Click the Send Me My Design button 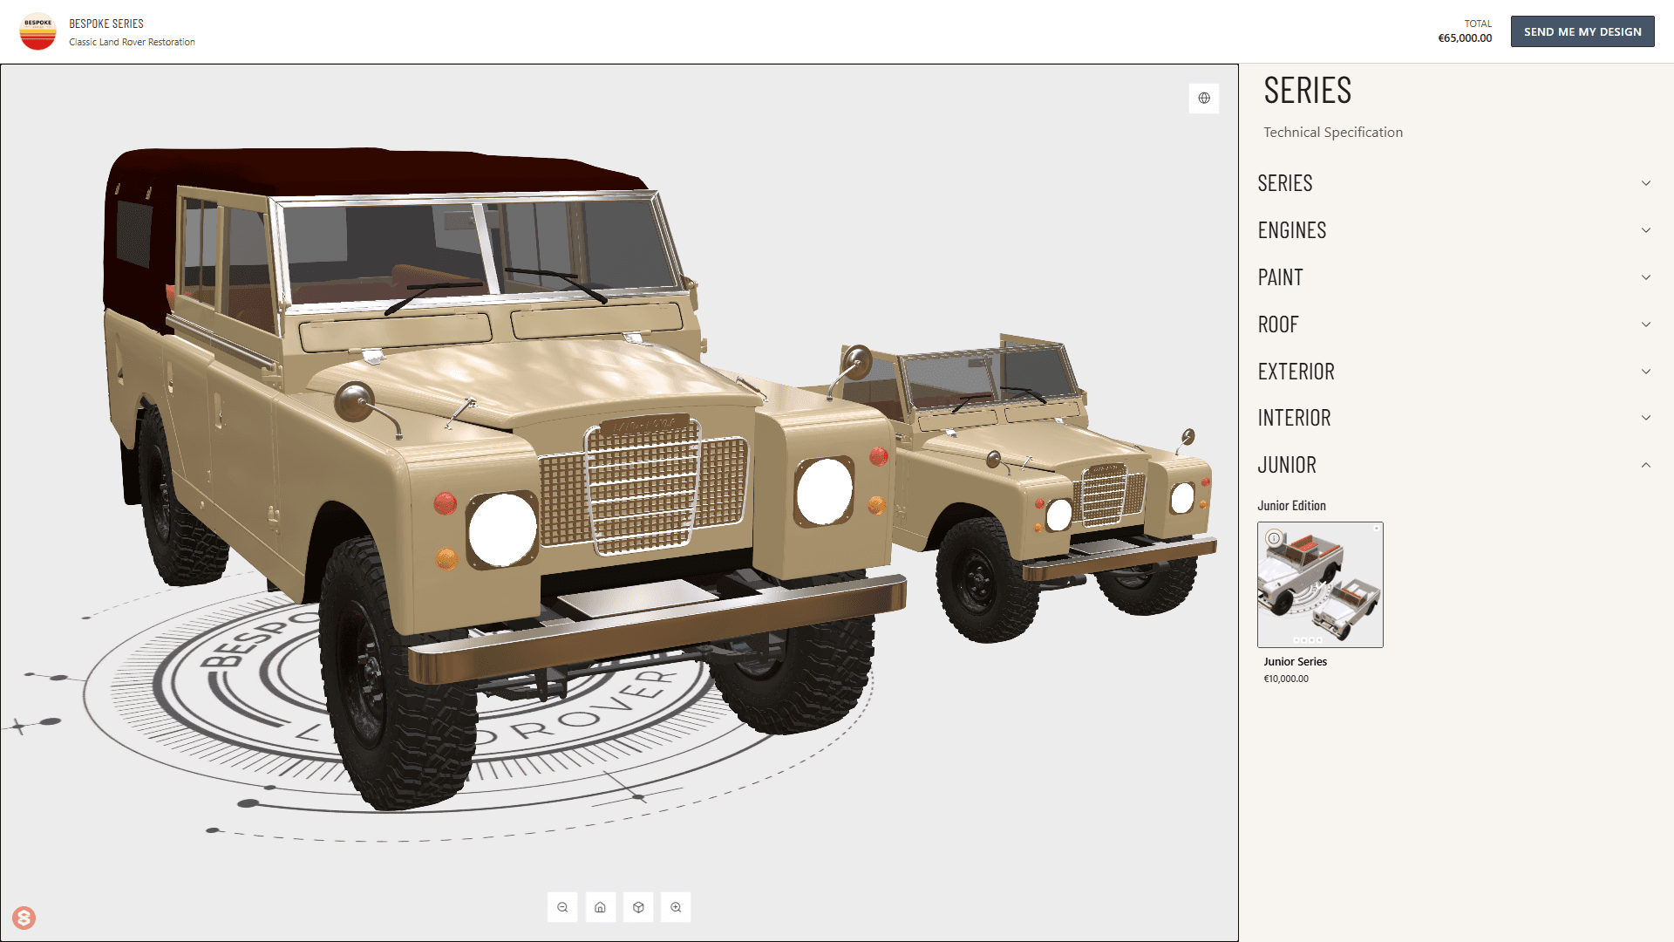click(x=1582, y=31)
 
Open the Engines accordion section click(x=1292, y=230)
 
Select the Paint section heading click(x=1281, y=277)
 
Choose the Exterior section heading click(x=1296, y=372)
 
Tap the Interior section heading click(x=1295, y=418)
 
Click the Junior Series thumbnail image click(x=1320, y=584)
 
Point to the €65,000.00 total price click(x=1465, y=38)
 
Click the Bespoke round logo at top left click(x=37, y=31)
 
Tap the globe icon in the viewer click(x=1204, y=98)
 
